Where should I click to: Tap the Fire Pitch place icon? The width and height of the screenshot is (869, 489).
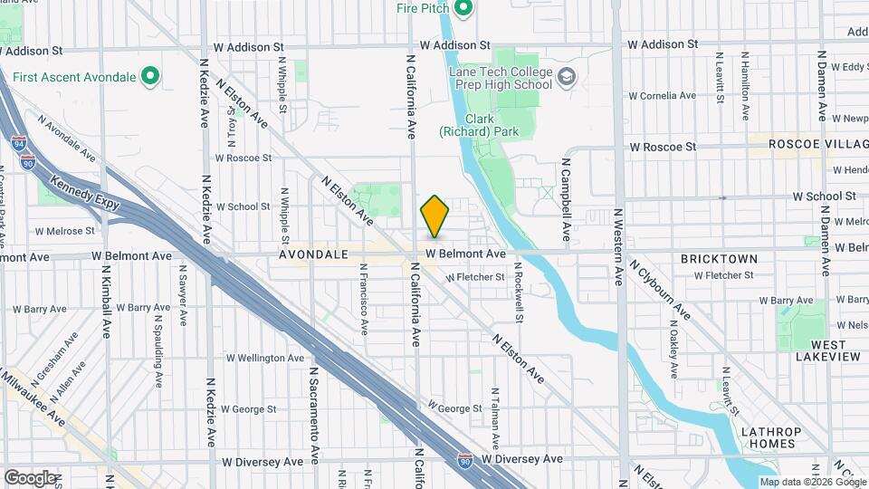(464, 10)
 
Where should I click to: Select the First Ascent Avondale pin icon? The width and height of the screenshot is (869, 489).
(151, 77)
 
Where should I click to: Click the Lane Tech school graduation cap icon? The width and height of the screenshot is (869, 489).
(568, 77)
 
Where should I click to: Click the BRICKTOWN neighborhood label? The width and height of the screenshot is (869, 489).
(720, 259)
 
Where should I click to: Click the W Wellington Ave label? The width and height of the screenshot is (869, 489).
(265, 358)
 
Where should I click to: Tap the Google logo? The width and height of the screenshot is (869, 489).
(30, 477)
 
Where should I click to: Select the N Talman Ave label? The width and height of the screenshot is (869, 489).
(495, 419)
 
